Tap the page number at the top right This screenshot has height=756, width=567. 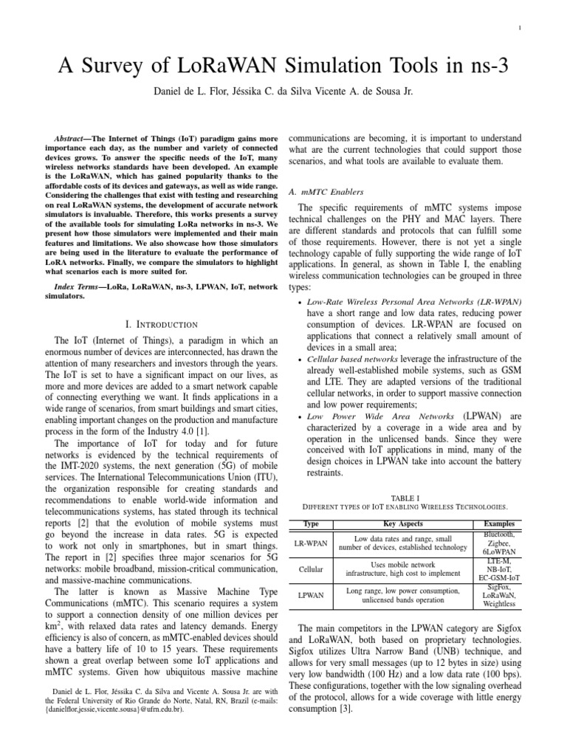pyautogui.click(x=521, y=29)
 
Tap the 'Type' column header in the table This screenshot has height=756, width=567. pyautogui.click(x=310, y=523)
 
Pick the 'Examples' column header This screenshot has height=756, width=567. pyautogui.click(x=499, y=523)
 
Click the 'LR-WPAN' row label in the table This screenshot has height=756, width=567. pyautogui.click(x=310, y=542)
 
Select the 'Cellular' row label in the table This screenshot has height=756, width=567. pyautogui.click(x=310, y=569)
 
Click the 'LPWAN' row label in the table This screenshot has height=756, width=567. pyautogui.click(x=310, y=595)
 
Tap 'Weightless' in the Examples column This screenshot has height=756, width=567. pyautogui.click(x=500, y=604)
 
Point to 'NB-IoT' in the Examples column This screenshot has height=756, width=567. pyautogui.click(x=500, y=569)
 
